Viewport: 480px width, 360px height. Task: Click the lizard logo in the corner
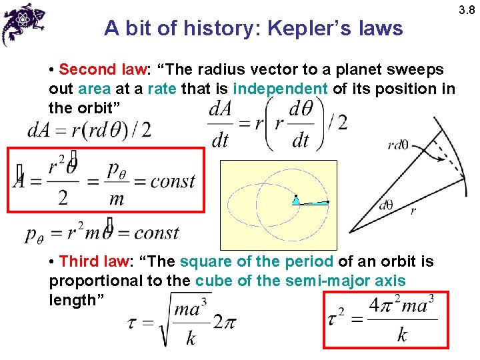coord(23,23)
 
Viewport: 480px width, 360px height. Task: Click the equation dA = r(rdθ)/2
coord(89,130)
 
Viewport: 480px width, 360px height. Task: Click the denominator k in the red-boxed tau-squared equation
coord(402,335)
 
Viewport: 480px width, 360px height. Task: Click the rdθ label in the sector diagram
coord(398,145)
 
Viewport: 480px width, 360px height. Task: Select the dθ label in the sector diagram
coord(385,205)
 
